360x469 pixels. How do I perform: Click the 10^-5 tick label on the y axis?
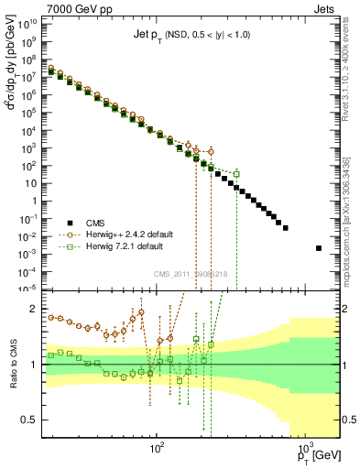click(x=30, y=289)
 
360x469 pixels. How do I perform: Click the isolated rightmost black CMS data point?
click(x=319, y=248)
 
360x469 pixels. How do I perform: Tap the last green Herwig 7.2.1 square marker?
click(x=236, y=174)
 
